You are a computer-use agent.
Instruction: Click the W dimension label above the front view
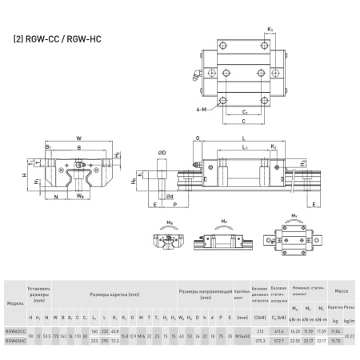78,138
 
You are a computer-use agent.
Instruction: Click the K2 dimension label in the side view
274,147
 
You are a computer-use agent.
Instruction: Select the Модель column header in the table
14,304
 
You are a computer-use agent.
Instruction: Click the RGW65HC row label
14,341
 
